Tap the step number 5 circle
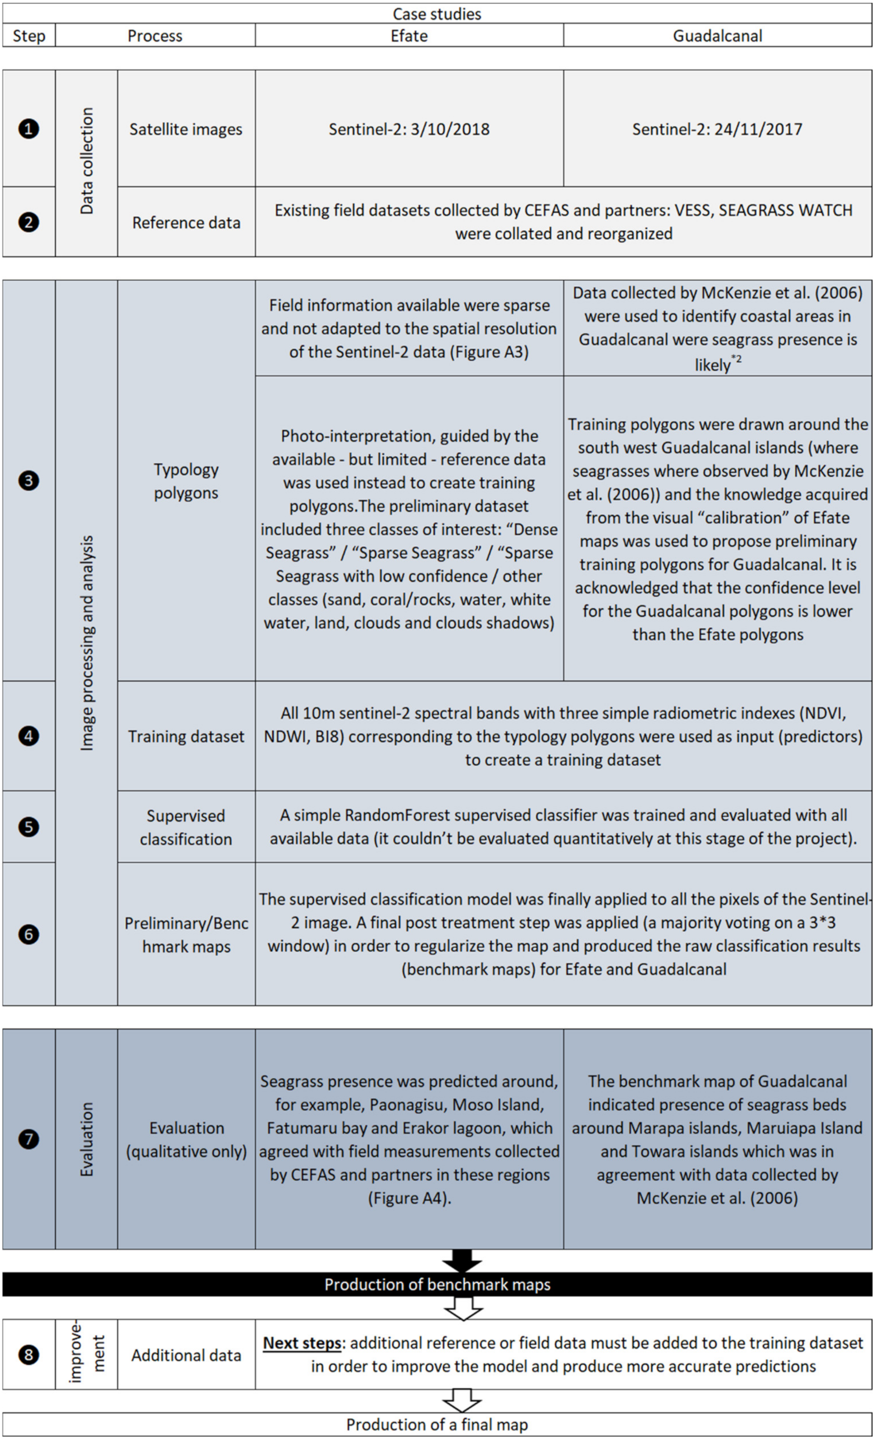coord(29,827)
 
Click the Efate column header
coord(409,36)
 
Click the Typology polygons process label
coord(186,481)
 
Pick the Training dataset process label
coord(186,737)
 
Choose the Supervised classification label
coord(186,827)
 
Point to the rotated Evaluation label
coord(87,1139)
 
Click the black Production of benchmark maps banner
coord(437,1285)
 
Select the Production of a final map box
coord(437,1424)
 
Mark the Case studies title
coord(437,13)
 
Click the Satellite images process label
coord(186,129)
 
